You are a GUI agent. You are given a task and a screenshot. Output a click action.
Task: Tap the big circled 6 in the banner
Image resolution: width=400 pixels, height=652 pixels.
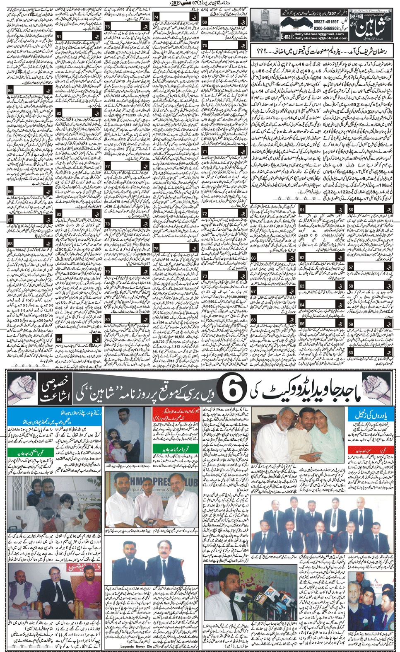click(232, 391)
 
